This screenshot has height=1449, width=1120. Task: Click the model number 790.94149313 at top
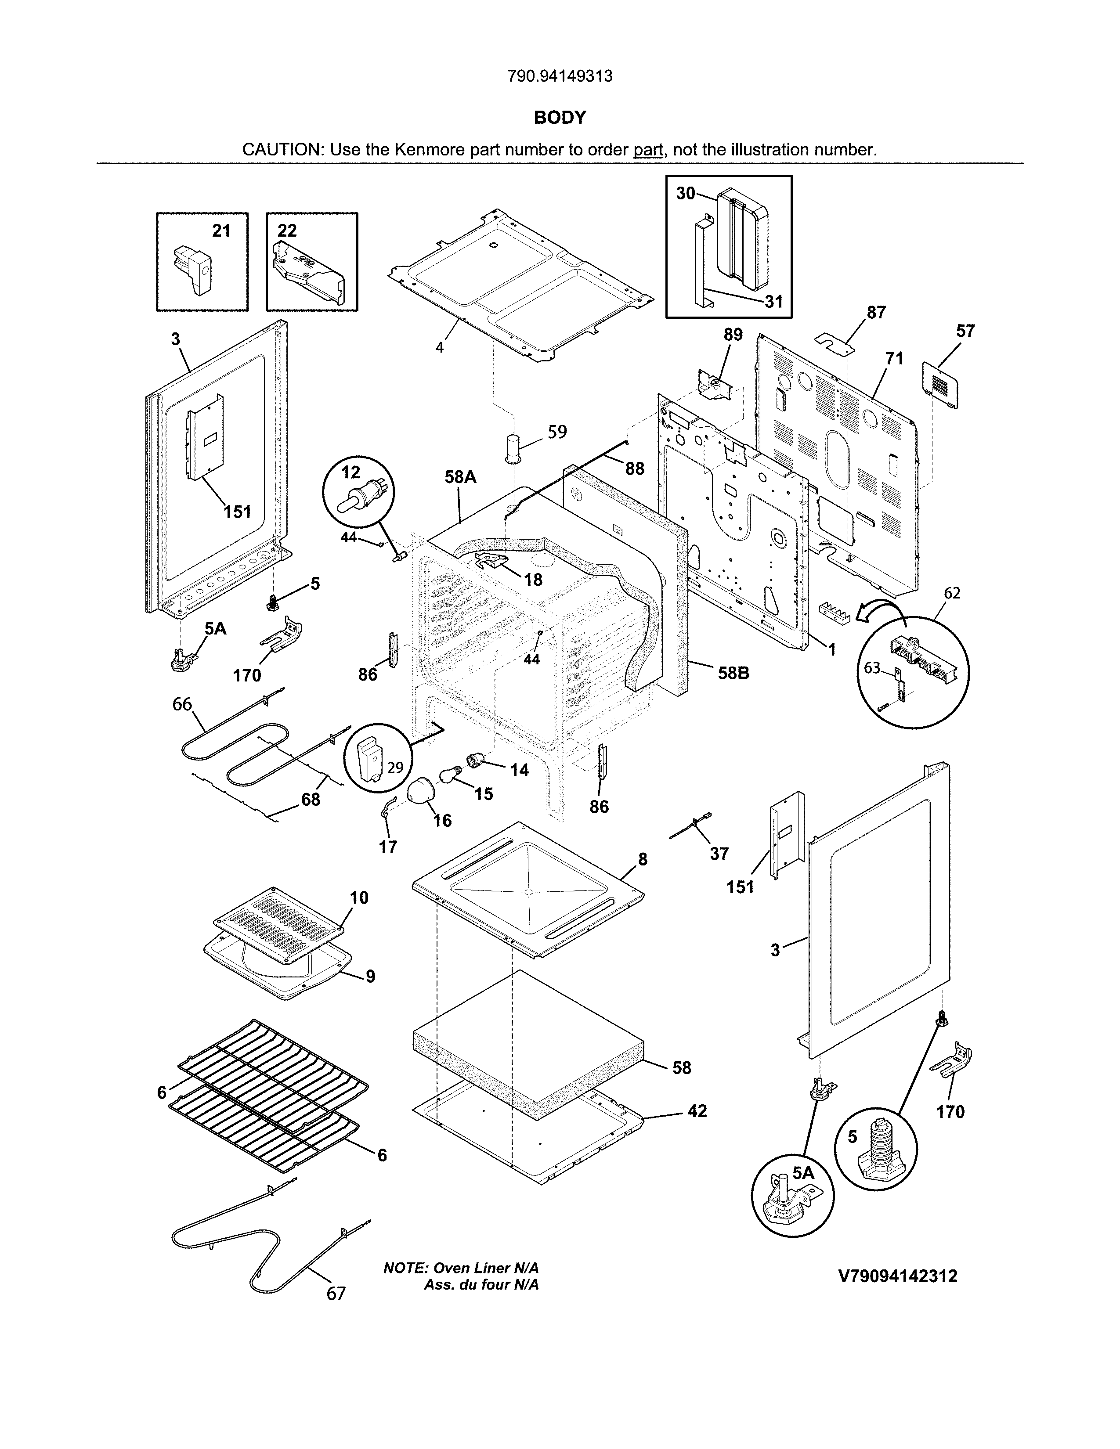559,76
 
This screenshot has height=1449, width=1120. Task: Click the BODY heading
559,117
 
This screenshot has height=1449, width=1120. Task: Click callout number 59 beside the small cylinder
557,432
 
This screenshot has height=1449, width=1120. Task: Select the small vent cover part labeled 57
941,384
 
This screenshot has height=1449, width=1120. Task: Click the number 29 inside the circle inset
395,768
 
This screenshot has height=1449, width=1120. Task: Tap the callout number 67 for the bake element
336,1293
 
